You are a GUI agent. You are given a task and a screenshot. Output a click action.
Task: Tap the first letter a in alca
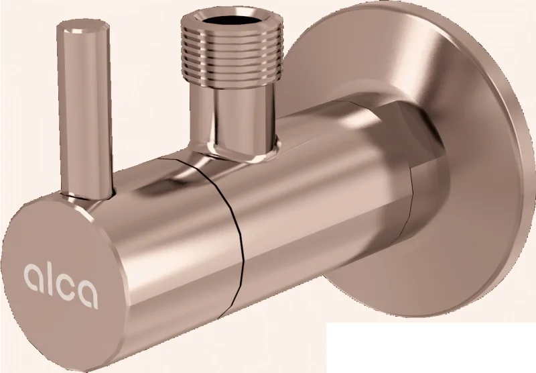[34, 277]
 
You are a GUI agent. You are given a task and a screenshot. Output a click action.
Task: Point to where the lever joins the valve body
[87, 196]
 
